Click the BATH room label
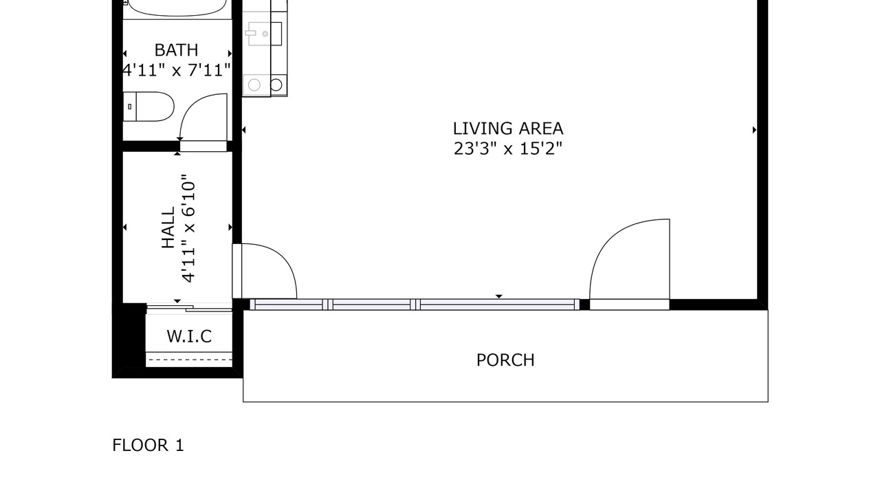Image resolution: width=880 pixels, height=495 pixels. point(176,50)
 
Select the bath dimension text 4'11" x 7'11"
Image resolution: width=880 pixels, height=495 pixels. point(177,70)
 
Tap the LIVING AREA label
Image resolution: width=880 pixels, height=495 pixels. point(508,129)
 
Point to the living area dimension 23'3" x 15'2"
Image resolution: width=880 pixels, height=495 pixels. point(508,149)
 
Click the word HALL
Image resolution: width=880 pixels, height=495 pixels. point(168,228)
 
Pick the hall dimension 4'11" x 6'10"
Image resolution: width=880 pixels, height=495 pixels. point(188,228)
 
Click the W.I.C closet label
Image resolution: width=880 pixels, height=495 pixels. point(189,336)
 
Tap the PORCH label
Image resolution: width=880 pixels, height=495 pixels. point(505,360)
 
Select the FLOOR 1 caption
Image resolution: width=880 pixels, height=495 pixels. point(148,445)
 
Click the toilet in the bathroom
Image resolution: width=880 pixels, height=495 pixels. point(148,107)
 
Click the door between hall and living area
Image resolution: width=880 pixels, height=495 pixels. point(265,271)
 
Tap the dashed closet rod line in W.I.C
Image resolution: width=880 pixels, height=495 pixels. point(189,360)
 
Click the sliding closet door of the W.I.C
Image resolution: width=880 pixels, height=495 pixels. point(189,309)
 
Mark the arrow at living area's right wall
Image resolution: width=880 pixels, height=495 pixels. point(754,130)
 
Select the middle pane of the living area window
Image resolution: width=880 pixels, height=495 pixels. point(372,305)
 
